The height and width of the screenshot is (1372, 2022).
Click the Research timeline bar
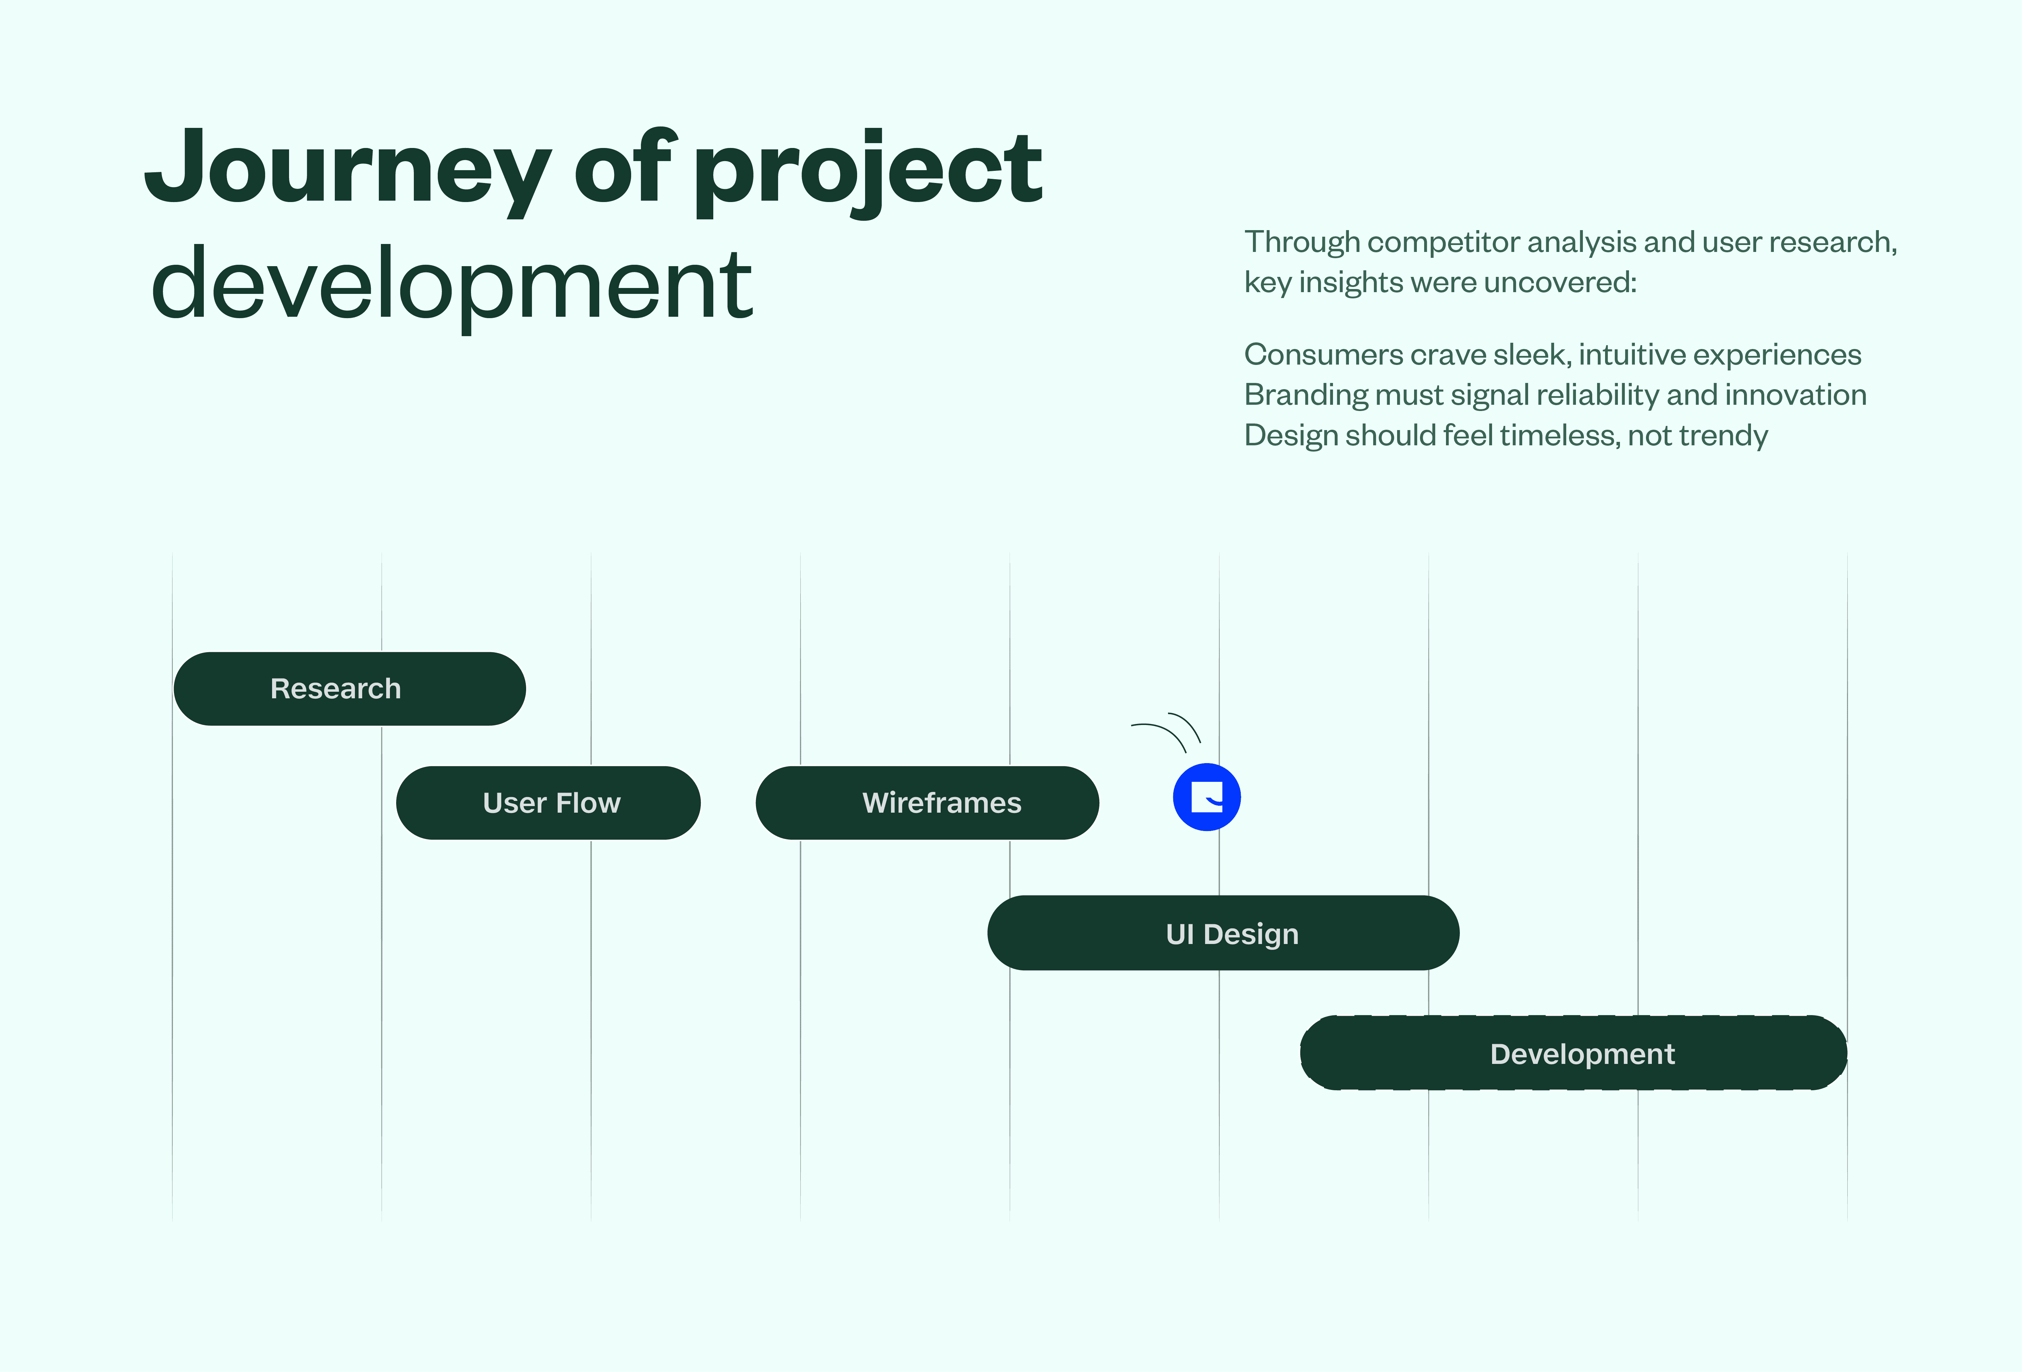tap(350, 688)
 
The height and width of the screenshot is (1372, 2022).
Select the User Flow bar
tap(548, 802)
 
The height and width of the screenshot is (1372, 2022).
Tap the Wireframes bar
tap(927, 802)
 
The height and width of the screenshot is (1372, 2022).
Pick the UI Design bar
tap(1223, 933)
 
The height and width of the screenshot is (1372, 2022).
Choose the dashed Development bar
tap(1573, 1053)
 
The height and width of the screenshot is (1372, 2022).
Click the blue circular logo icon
tap(1207, 797)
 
